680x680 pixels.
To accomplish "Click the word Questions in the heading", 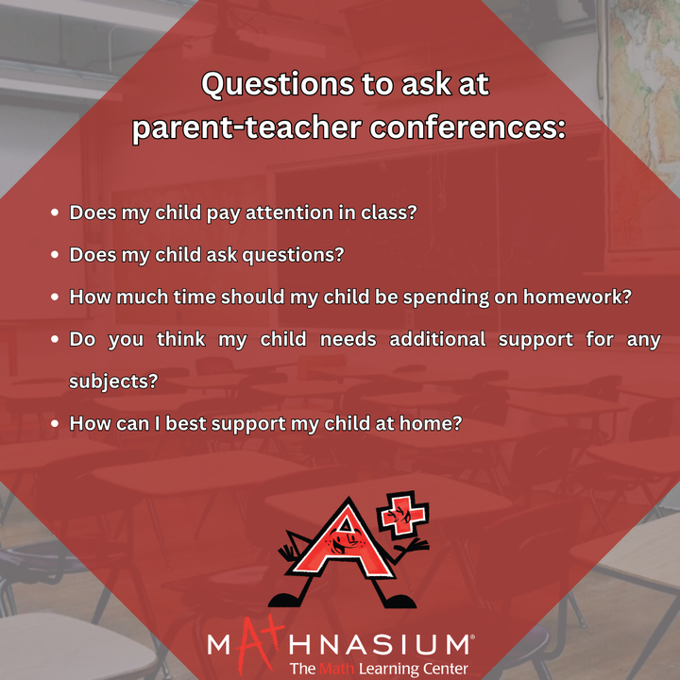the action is (x=278, y=84).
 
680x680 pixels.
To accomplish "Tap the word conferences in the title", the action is (x=467, y=127).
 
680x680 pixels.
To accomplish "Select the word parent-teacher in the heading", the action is (x=246, y=128).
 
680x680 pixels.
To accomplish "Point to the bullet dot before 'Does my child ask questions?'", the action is (x=55, y=255).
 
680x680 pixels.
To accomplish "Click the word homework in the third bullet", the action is (x=577, y=297).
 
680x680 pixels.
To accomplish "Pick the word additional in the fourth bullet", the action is (x=437, y=339).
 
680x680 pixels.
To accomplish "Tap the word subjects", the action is (x=113, y=382).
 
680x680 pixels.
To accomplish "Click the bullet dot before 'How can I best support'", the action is (x=55, y=423).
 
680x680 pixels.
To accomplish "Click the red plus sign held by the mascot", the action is (x=402, y=516).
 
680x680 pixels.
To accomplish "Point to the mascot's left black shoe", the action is (x=286, y=600).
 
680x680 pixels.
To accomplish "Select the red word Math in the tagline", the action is (x=336, y=669).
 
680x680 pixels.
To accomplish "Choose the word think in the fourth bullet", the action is (x=180, y=339).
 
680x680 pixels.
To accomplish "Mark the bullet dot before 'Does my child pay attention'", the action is (x=55, y=212).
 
